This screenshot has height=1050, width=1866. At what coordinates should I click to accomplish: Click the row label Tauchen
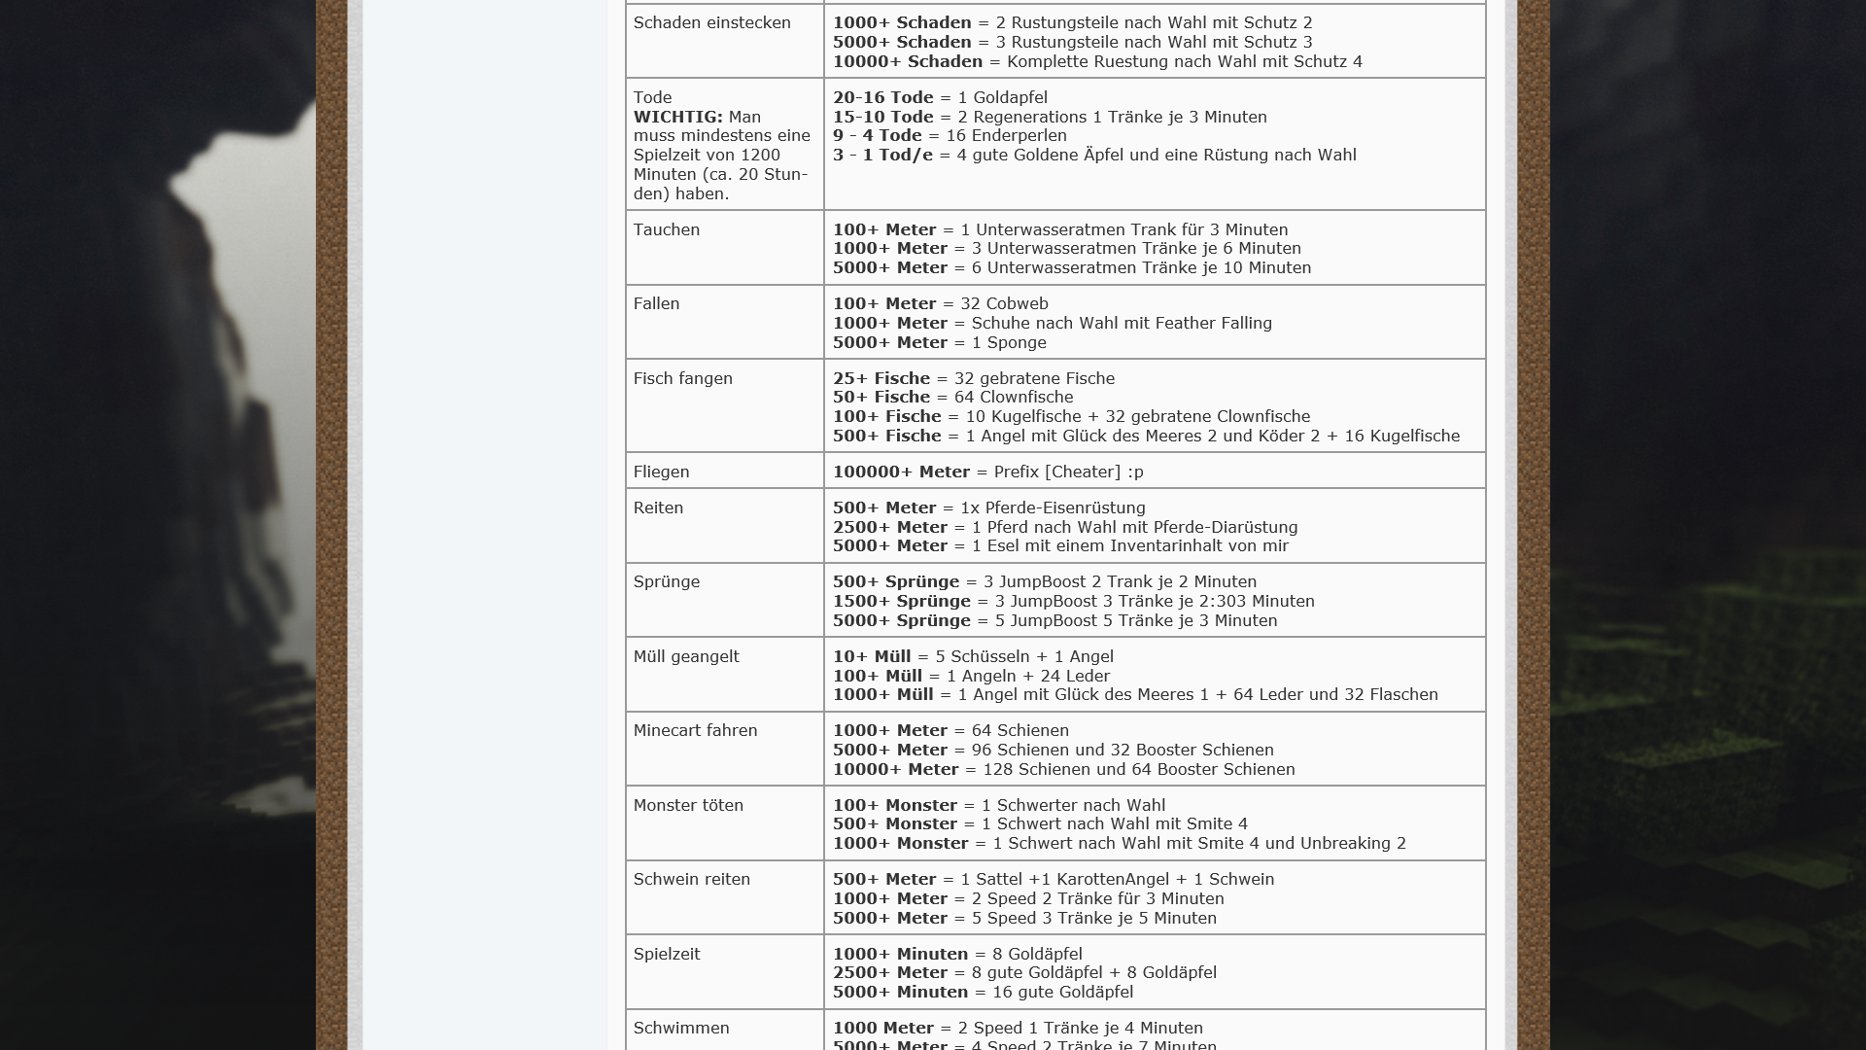[666, 229]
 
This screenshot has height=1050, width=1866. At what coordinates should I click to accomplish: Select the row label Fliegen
[661, 472]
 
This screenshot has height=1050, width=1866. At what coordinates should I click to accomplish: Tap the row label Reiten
[658, 507]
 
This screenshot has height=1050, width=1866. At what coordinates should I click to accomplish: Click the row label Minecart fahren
[695, 730]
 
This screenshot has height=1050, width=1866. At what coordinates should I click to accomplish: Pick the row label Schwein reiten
[691, 879]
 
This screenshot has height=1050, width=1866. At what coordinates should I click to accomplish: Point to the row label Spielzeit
[666, 954]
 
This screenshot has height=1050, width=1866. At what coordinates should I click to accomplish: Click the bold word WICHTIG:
[677, 117]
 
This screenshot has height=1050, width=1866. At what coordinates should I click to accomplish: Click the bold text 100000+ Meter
[901, 472]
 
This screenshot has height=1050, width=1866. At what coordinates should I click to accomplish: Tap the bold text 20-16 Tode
[882, 97]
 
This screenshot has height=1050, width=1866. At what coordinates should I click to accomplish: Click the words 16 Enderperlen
[1006, 135]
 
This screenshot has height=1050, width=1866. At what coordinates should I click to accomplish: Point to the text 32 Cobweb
[1004, 303]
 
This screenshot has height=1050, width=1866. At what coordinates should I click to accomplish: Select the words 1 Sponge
[1009, 342]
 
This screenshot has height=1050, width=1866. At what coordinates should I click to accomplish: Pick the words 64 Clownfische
[1014, 397]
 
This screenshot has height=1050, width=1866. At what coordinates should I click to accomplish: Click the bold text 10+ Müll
[872, 656]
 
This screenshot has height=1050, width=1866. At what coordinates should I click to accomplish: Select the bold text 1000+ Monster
[900, 843]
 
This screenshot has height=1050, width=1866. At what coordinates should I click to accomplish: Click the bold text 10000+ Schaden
[908, 61]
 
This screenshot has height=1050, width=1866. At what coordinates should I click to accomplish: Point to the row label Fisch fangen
[682, 378]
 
